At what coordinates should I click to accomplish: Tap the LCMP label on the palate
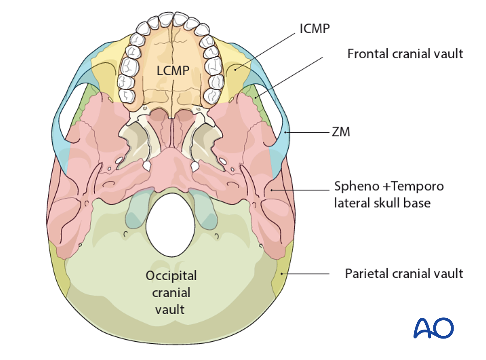(173, 70)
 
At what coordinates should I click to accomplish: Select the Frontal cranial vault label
(405, 53)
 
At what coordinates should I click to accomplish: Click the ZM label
(340, 132)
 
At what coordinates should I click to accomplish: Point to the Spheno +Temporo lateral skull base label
(388, 194)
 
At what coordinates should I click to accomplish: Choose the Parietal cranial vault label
(404, 273)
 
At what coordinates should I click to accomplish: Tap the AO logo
(433, 328)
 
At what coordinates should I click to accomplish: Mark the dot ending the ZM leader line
(286, 132)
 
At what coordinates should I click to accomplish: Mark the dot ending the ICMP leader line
(234, 70)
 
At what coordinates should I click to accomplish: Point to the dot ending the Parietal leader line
(281, 274)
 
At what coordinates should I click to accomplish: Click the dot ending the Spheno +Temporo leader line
(271, 190)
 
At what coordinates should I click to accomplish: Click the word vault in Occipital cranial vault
(171, 310)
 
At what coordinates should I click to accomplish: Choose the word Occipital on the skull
(171, 276)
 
